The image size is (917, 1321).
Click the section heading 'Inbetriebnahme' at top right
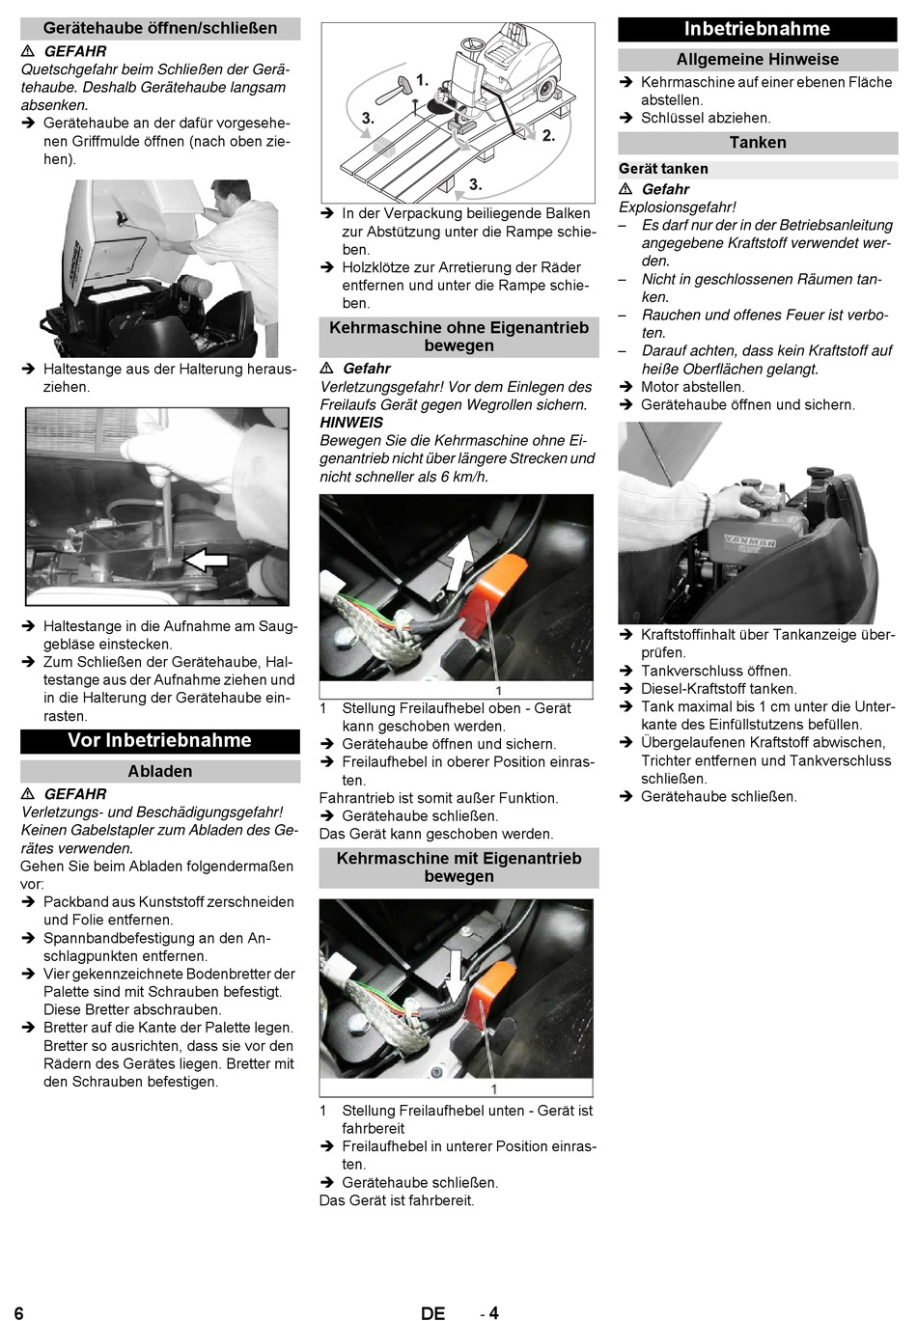click(757, 29)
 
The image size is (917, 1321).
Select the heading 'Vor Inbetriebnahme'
click(160, 740)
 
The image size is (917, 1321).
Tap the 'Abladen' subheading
click(160, 771)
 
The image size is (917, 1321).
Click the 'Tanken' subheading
click(758, 142)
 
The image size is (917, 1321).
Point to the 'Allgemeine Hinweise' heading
click(758, 59)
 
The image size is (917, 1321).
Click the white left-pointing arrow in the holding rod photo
click(206, 559)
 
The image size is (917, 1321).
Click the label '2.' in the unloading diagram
click(549, 136)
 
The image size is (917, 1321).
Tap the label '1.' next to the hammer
click(423, 80)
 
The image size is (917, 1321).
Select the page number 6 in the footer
click(19, 1312)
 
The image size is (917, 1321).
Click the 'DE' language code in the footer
click(433, 1312)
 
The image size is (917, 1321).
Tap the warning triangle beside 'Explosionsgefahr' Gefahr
click(625, 189)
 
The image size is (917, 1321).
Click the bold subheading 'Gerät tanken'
click(663, 169)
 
